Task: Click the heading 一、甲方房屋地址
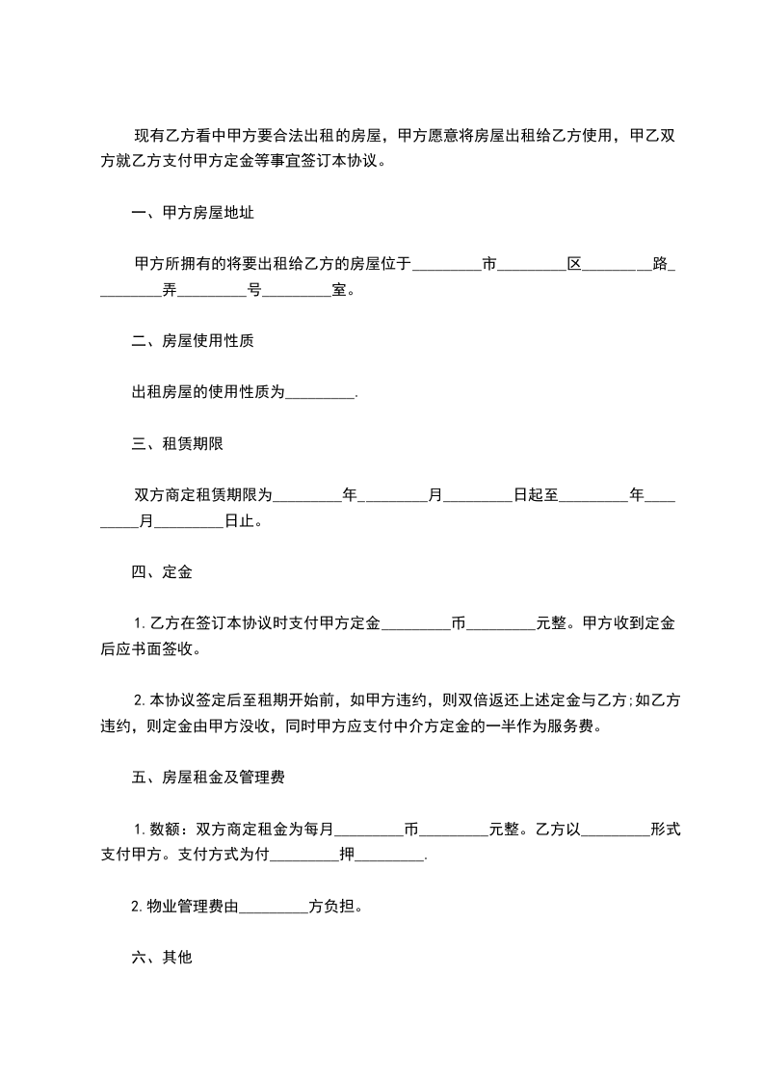pyautogui.click(x=193, y=212)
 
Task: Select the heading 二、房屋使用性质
pyautogui.click(x=193, y=341)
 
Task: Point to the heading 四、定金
pyautogui.click(x=162, y=572)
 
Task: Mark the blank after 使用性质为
pyautogui.click(x=321, y=394)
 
